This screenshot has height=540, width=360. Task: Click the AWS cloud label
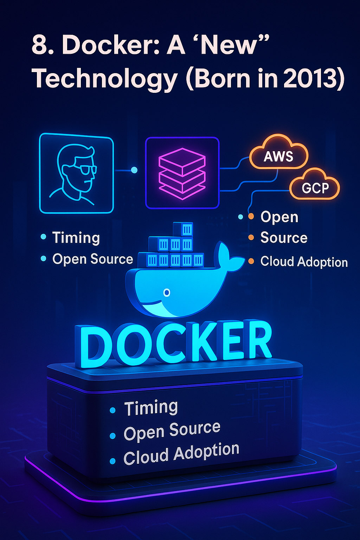tap(278, 156)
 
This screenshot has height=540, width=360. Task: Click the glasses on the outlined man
tap(88, 169)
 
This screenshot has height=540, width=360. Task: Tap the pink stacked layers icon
tap(182, 174)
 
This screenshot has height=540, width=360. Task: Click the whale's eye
tap(167, 292)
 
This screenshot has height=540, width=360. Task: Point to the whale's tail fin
tap(228, 256)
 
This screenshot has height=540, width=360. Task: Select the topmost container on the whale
tap(183, 229)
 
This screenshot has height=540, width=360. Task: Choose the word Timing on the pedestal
tap(151, 407)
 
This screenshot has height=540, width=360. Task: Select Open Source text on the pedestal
tap(172, 431)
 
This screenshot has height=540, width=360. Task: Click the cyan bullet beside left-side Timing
tap(43, 237)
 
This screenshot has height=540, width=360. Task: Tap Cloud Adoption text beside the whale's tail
tap(304, 262)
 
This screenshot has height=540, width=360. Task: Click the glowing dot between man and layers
tap(134, 170)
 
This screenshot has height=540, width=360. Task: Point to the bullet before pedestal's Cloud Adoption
tap(112, 461)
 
